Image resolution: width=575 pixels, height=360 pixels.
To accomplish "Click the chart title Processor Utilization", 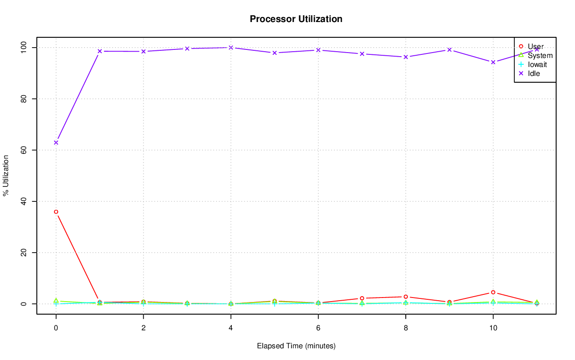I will point(296,19).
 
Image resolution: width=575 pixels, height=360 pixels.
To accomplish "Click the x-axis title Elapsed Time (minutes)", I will point(296,346).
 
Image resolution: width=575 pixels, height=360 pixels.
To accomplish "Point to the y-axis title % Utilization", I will point(6,175).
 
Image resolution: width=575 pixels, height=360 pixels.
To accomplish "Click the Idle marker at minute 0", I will point(56,142).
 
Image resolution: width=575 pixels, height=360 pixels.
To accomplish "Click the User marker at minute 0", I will point(56,212).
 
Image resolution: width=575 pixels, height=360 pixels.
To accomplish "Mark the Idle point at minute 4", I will point(231,48).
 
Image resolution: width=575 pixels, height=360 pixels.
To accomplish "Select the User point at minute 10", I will point(493,292).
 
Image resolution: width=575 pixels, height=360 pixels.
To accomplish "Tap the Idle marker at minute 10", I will point(493,62).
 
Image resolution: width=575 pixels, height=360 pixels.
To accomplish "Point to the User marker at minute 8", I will point(406,297).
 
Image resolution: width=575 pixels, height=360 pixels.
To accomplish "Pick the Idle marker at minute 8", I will point(406,57).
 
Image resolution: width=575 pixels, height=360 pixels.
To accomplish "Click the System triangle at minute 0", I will point(56,300).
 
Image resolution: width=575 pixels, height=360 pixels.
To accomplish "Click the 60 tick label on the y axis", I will point(24,150).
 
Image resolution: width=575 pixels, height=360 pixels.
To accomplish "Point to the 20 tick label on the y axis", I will point(24,253).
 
